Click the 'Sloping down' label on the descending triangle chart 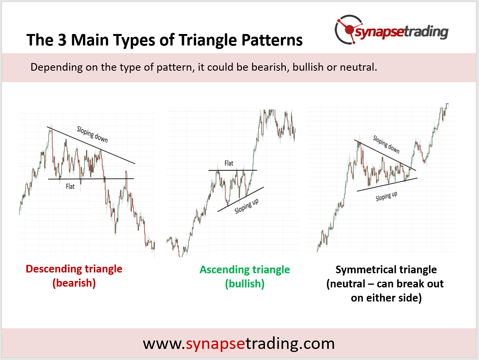point(92,135)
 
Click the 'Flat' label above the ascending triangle point(229,163)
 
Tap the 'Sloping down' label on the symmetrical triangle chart point(386,144)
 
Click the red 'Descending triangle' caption point(74,269)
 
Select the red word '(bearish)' point(74,283)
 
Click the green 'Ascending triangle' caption point(245,269)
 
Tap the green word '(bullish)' point(245,284)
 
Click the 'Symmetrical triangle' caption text point(386,269)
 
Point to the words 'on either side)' point(386,298)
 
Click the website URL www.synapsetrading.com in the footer point(239,343)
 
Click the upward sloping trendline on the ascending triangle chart point(240,199)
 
